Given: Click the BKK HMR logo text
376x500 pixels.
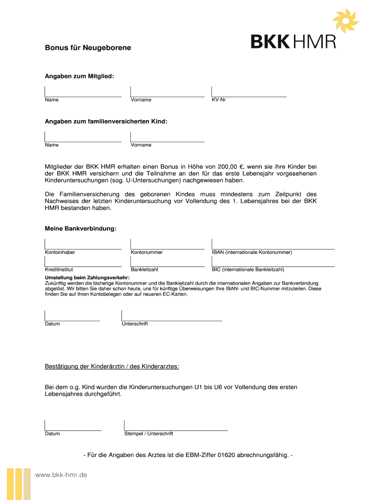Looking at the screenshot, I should coord(293,41).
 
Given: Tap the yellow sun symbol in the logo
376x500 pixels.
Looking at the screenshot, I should coord(345,21).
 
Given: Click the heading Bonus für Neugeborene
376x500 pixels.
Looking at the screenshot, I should coord(88,48).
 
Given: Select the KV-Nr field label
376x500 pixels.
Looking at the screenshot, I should coord(218,100).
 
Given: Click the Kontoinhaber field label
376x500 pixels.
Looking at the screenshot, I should coord(60,252).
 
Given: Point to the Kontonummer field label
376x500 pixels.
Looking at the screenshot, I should coord(146,252).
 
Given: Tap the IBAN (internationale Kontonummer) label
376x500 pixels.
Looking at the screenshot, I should coord(251,252).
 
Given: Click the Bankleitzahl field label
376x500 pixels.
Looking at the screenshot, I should coord(145,270).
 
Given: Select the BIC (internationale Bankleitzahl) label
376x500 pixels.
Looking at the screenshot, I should coord(248,270).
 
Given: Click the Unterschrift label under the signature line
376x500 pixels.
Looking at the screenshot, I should coord(134,324).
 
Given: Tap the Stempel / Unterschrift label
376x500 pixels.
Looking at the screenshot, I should coord(148,434).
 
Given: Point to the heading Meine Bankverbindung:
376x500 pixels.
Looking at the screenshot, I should coord(81,229).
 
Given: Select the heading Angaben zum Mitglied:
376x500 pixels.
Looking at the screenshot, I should coord(79,76).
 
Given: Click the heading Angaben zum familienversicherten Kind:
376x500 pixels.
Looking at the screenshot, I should coord(106,122).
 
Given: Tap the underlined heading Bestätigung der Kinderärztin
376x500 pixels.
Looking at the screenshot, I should coord(112,366).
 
